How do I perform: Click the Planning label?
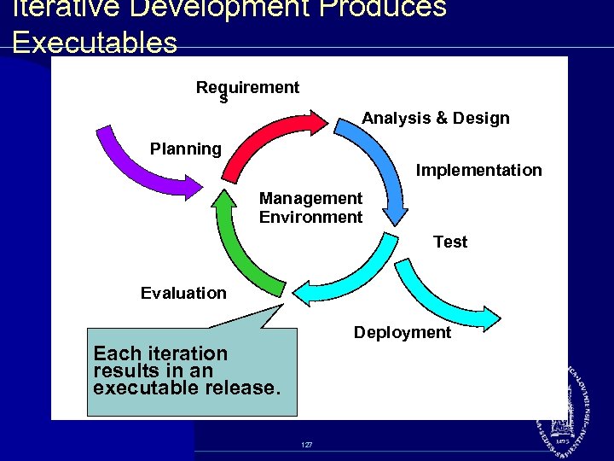[185, 149]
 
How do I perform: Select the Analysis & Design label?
[435, 119]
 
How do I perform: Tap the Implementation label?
[478, 171]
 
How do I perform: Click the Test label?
[449, 242]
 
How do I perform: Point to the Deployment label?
[402, 333]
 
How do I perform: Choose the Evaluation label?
[183, 294]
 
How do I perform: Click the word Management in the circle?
[310, 199]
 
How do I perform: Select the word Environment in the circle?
[310, 218]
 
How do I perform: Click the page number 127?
[306, 446]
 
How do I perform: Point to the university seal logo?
[565, 410]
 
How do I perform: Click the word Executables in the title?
[95, 43]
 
